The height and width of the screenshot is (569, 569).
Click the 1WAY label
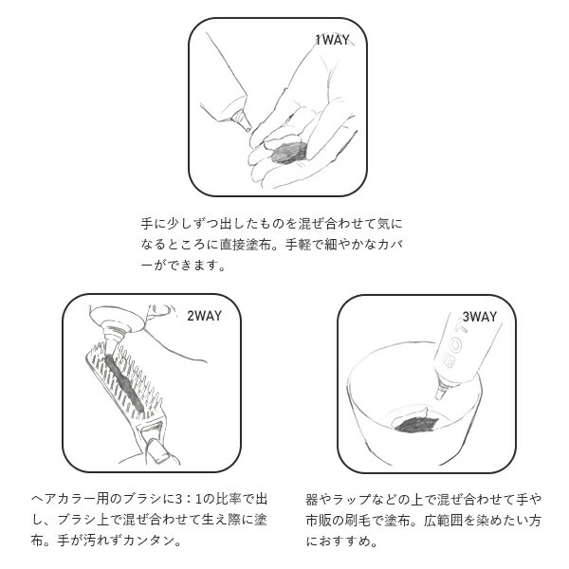pyautogui.click(x=332, y=40)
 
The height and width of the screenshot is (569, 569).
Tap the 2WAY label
pyautogui.click(x=204, y=316)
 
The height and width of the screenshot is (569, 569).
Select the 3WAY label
pyautogui.click(x=479, y=317)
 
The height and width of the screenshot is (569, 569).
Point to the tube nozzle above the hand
pyautogui.click(x=241, y=119)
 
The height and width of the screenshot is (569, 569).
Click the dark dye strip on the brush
pyautogui.click(x=124, y=380)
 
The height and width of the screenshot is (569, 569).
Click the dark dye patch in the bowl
pyautogui.click(x=416, y=424)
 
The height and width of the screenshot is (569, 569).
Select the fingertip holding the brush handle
pyautogui.click(x=157, y=450)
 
